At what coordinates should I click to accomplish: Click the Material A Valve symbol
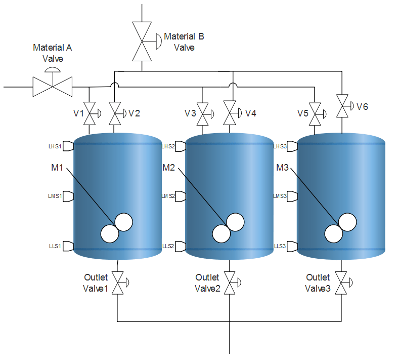(53, 87)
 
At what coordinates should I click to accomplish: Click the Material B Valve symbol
(142, 41)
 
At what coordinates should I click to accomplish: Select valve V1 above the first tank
(90, 114)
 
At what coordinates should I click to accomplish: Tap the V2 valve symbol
(116, 114)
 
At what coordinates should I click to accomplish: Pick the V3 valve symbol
(203, 114)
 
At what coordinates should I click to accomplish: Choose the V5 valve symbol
(316, 114)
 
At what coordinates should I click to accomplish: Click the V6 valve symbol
(343, 107)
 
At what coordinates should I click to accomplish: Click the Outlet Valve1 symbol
(117, 283)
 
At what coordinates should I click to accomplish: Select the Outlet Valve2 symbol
(231, 283)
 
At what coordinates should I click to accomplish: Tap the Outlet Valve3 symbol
(342, 283)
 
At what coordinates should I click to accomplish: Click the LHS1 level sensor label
(55, 146)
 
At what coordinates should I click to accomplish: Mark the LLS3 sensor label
(280, 246)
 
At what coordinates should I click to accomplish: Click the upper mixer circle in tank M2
(235, 222)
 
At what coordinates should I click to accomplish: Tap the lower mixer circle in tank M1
(109, 233)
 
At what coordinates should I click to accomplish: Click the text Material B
(184, 36)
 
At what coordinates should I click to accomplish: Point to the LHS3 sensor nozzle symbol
(292, 146)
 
